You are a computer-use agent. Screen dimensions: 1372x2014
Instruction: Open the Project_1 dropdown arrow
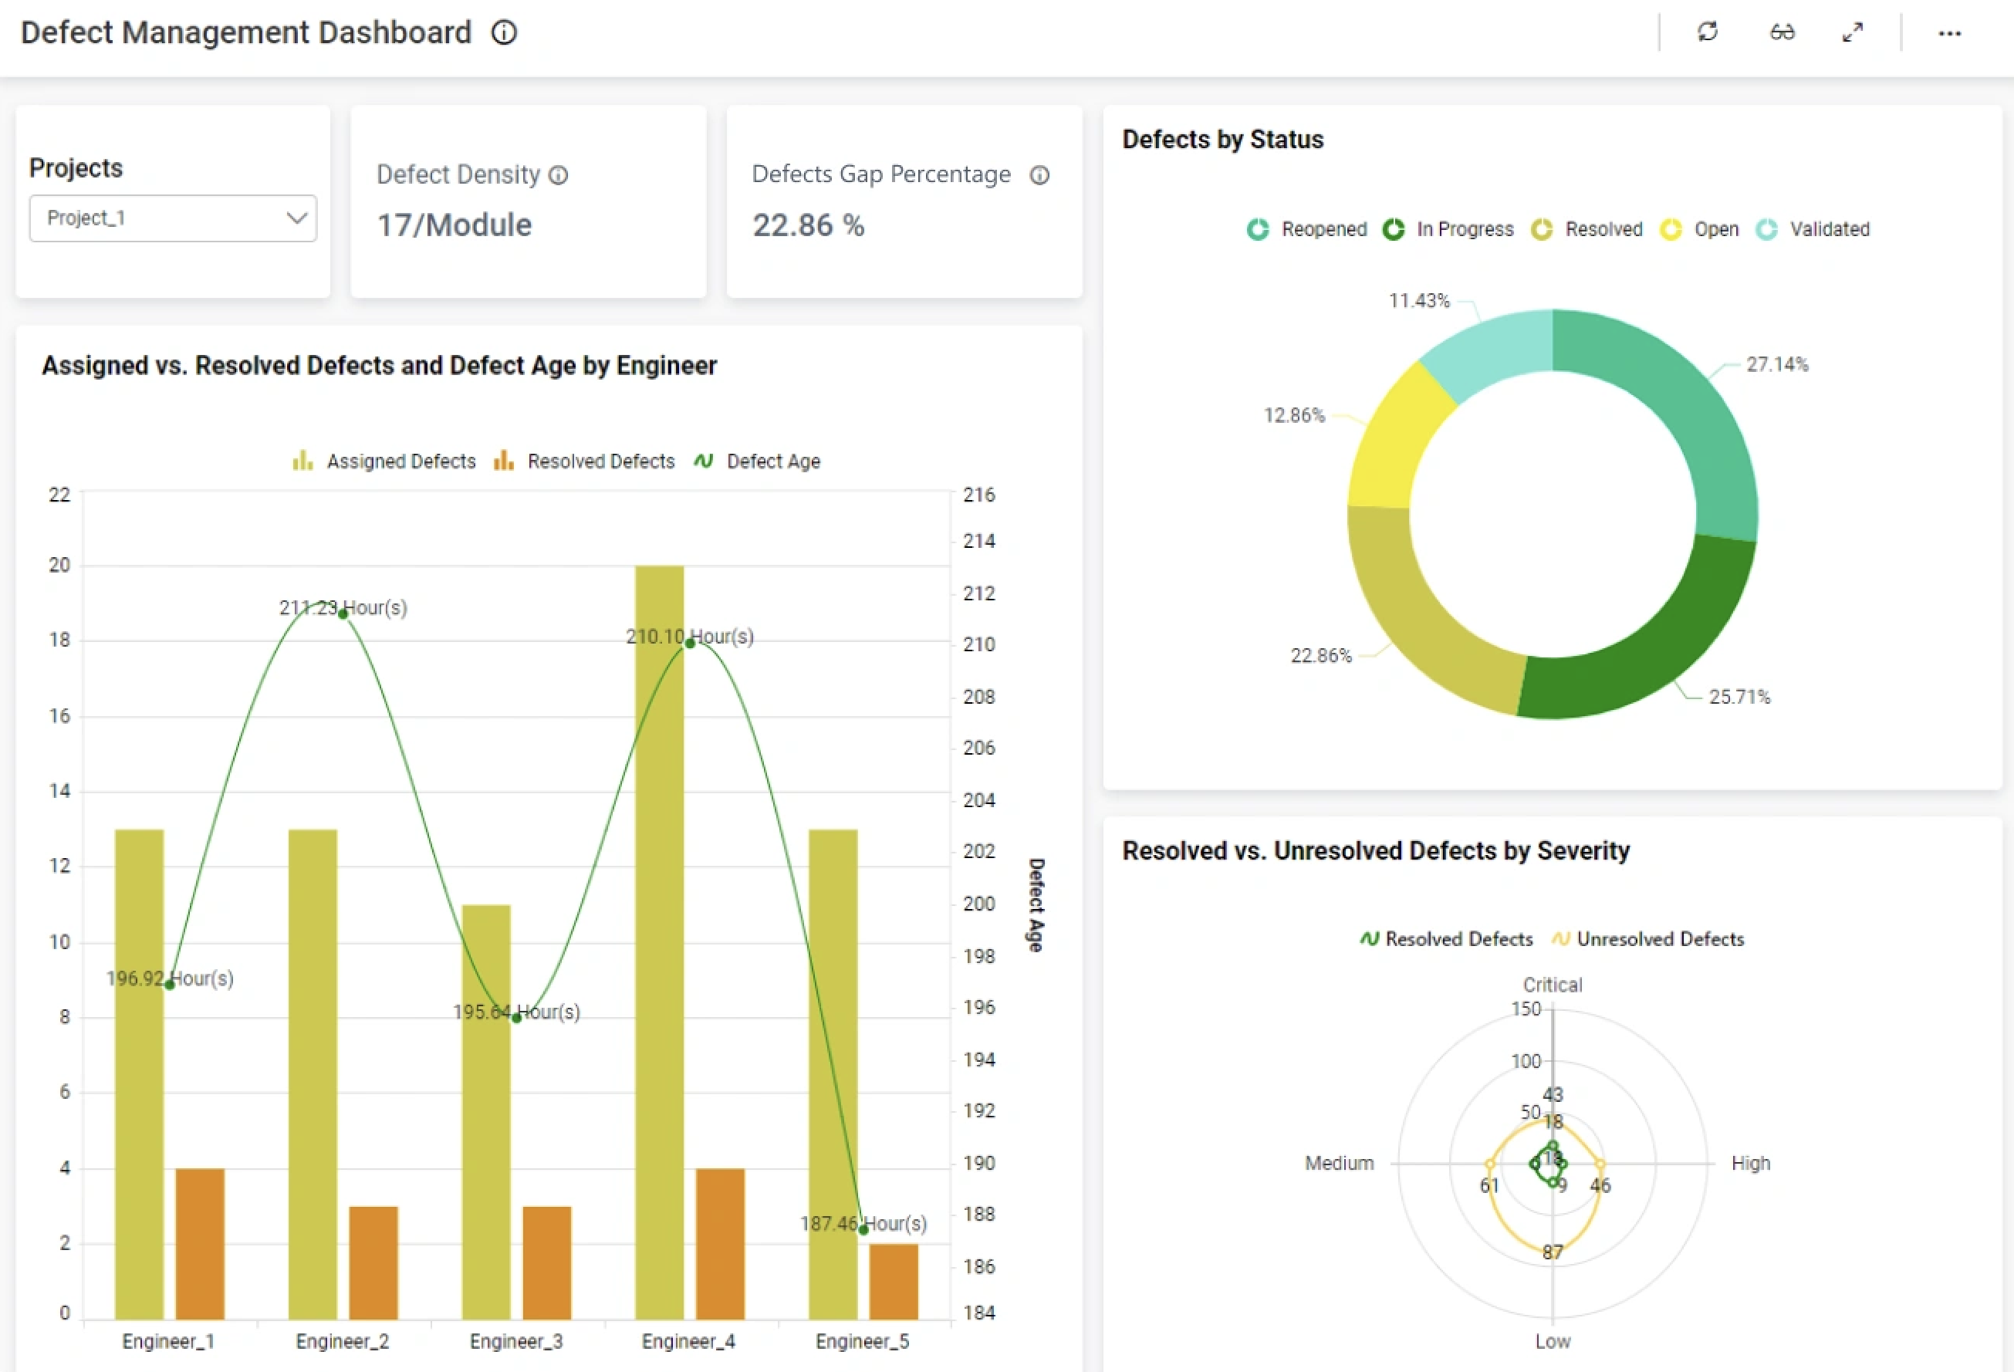pos(296,218)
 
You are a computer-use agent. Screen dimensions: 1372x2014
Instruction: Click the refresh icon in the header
pos(1707,33)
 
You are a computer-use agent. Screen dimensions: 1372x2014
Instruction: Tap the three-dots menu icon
pos(1949,33)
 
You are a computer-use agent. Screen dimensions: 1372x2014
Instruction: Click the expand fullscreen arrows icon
pos(1852,33)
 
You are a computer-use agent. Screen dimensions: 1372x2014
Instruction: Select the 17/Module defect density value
pos(454,225)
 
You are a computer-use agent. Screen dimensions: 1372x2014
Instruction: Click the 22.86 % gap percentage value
pos(808,225)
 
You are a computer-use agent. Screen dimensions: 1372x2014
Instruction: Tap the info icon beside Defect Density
pos(559,176)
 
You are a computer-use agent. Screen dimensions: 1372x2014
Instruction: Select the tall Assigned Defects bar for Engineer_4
pos(660,867)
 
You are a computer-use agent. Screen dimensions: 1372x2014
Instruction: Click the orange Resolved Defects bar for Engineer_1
pos(200,1244)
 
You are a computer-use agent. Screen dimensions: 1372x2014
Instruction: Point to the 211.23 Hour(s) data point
pos(343,614)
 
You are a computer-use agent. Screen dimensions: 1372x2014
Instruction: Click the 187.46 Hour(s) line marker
pos(863,1229)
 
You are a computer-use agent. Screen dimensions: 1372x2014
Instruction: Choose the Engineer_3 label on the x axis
pos(515,1342)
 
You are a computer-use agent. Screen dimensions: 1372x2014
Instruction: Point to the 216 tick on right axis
pos(978,495)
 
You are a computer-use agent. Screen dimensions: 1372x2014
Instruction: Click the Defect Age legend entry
pos(758,461)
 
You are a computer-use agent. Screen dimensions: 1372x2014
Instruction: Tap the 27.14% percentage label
pos(1776,365)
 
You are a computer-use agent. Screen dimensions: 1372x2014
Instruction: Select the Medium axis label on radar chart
pos(1339,1163)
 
